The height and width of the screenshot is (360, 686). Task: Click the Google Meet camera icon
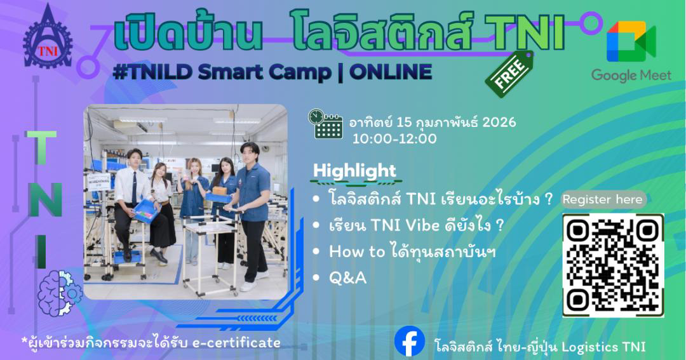631,41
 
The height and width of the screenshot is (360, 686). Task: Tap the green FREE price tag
509,73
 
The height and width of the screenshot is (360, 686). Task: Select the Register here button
603,199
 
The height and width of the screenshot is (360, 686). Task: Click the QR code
613,265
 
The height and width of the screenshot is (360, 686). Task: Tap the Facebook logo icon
410,341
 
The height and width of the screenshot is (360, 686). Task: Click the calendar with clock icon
325,124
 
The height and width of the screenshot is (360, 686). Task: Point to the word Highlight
355,171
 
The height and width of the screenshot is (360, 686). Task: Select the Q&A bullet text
348,278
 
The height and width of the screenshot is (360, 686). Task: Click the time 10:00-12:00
394,138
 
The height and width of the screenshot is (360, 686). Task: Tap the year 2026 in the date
499,122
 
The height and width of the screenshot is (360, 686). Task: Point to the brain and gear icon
60,293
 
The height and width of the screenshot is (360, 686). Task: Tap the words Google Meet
631,75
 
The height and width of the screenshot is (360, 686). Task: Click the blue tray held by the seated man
145,211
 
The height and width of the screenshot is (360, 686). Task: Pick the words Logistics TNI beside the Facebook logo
604,347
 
